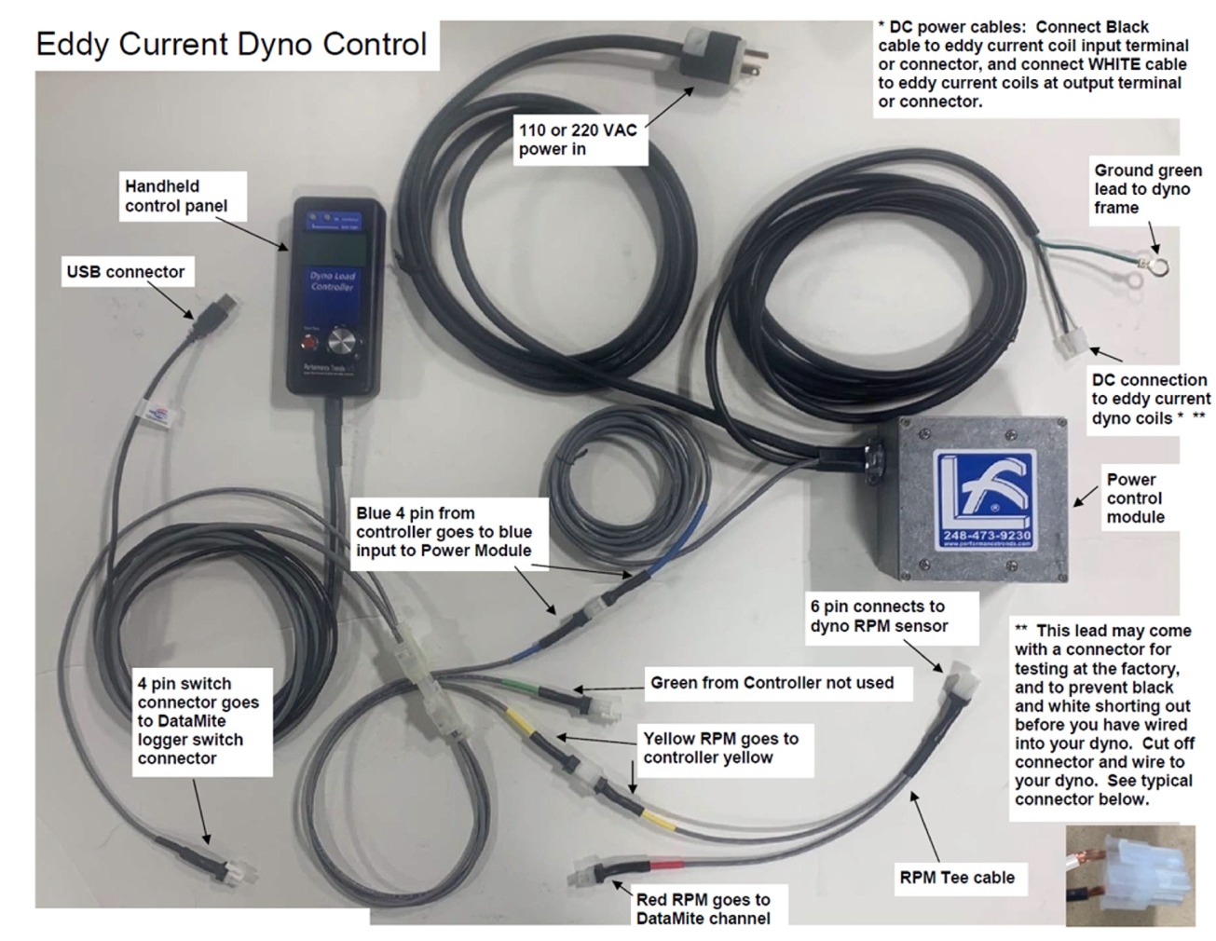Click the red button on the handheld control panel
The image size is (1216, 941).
tap(309, 343)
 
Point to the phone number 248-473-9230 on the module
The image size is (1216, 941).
tap(986, 536)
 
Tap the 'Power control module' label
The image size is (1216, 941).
tap(1135, 498)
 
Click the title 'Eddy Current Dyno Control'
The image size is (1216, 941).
tap(231, 44)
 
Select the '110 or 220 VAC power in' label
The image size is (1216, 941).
tap(578, 140)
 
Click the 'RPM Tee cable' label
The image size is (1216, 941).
tap(956, 877)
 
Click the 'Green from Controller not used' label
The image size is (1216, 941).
tap(772, 683)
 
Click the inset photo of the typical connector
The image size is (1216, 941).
tap(1129, 875)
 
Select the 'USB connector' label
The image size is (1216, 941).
tap(126, 272)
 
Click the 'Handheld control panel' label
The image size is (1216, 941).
tap(175, 196)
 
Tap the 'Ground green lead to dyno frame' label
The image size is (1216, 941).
tap(1147, 189)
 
